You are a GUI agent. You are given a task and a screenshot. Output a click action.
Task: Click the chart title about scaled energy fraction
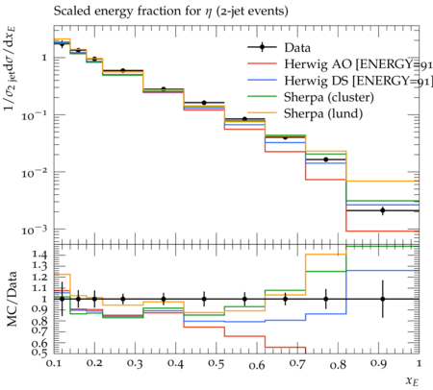coord(170,12)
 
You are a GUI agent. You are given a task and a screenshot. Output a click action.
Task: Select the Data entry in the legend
coord(297,48)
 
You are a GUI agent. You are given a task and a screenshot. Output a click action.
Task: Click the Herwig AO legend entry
coord(358,64)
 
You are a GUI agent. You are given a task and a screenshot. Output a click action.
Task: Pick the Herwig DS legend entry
coord(358,81)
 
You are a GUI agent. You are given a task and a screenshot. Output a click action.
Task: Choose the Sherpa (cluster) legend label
coord(329,97)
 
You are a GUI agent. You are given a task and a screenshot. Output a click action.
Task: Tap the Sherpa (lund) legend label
coord(323,113)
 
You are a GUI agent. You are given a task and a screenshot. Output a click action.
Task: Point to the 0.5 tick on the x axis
coord(216,363)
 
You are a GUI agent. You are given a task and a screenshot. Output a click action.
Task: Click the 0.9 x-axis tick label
coord(379,363)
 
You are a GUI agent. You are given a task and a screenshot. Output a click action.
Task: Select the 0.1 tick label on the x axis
coord(54,363)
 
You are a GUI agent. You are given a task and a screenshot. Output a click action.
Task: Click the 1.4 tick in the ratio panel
coord(39,255)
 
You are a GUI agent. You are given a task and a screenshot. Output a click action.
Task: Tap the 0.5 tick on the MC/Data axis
coord(39,352)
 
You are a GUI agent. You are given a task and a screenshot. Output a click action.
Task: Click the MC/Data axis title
coord(12,299)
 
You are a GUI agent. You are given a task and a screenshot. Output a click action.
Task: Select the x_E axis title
coord(412,380)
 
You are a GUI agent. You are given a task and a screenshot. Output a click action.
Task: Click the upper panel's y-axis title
coord(11,69)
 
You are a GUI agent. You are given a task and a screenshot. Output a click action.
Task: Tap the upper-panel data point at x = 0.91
coord(382,210)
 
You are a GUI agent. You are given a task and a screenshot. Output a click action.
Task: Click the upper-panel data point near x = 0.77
coord(326,159)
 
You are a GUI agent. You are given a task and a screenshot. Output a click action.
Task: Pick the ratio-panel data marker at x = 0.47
coord(204,299)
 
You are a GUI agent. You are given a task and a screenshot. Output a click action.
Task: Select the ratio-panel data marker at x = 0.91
coord(382,299)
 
